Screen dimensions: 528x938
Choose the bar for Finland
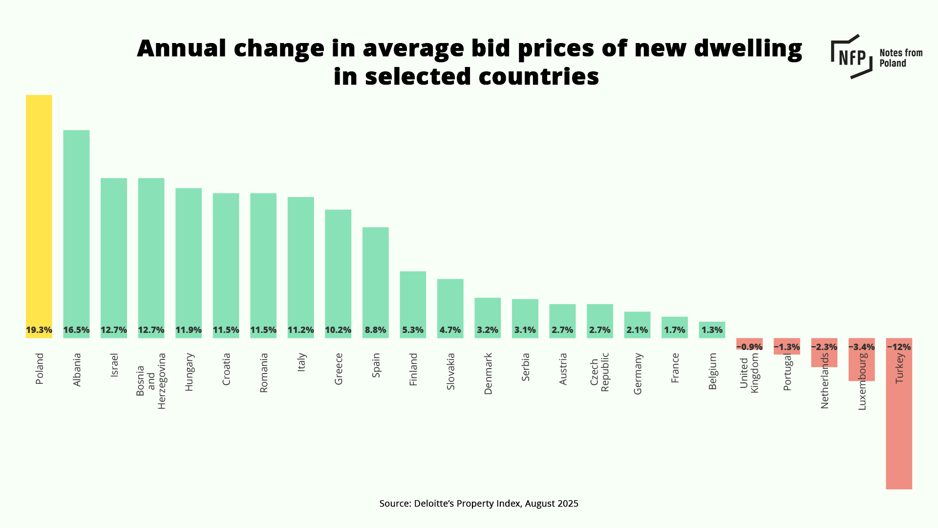pyautogui.click(x=413, y=298)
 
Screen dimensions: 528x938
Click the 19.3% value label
pyautogui.click(x=39, y=330)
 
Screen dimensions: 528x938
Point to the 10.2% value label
pyautogui.click(x=338, y=330)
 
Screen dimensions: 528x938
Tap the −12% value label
pyautogui.click(x=899, y=347)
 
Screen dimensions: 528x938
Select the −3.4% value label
pyautogui.click(x=861, y=347)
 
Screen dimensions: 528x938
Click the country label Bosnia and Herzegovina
pyautogui.click(x=151, y=381)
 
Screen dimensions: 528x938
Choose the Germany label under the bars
pyautogui.click(x=638, y=374)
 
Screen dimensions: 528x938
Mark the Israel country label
pyautogui.click(x=114, y=365)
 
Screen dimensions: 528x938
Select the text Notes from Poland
pyautogui.click(x=900, y=58)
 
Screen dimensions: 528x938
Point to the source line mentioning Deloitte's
pyautogui.click(x=479, y=504)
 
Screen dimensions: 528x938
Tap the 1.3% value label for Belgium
pyautogui.click(x=712, y=330)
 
